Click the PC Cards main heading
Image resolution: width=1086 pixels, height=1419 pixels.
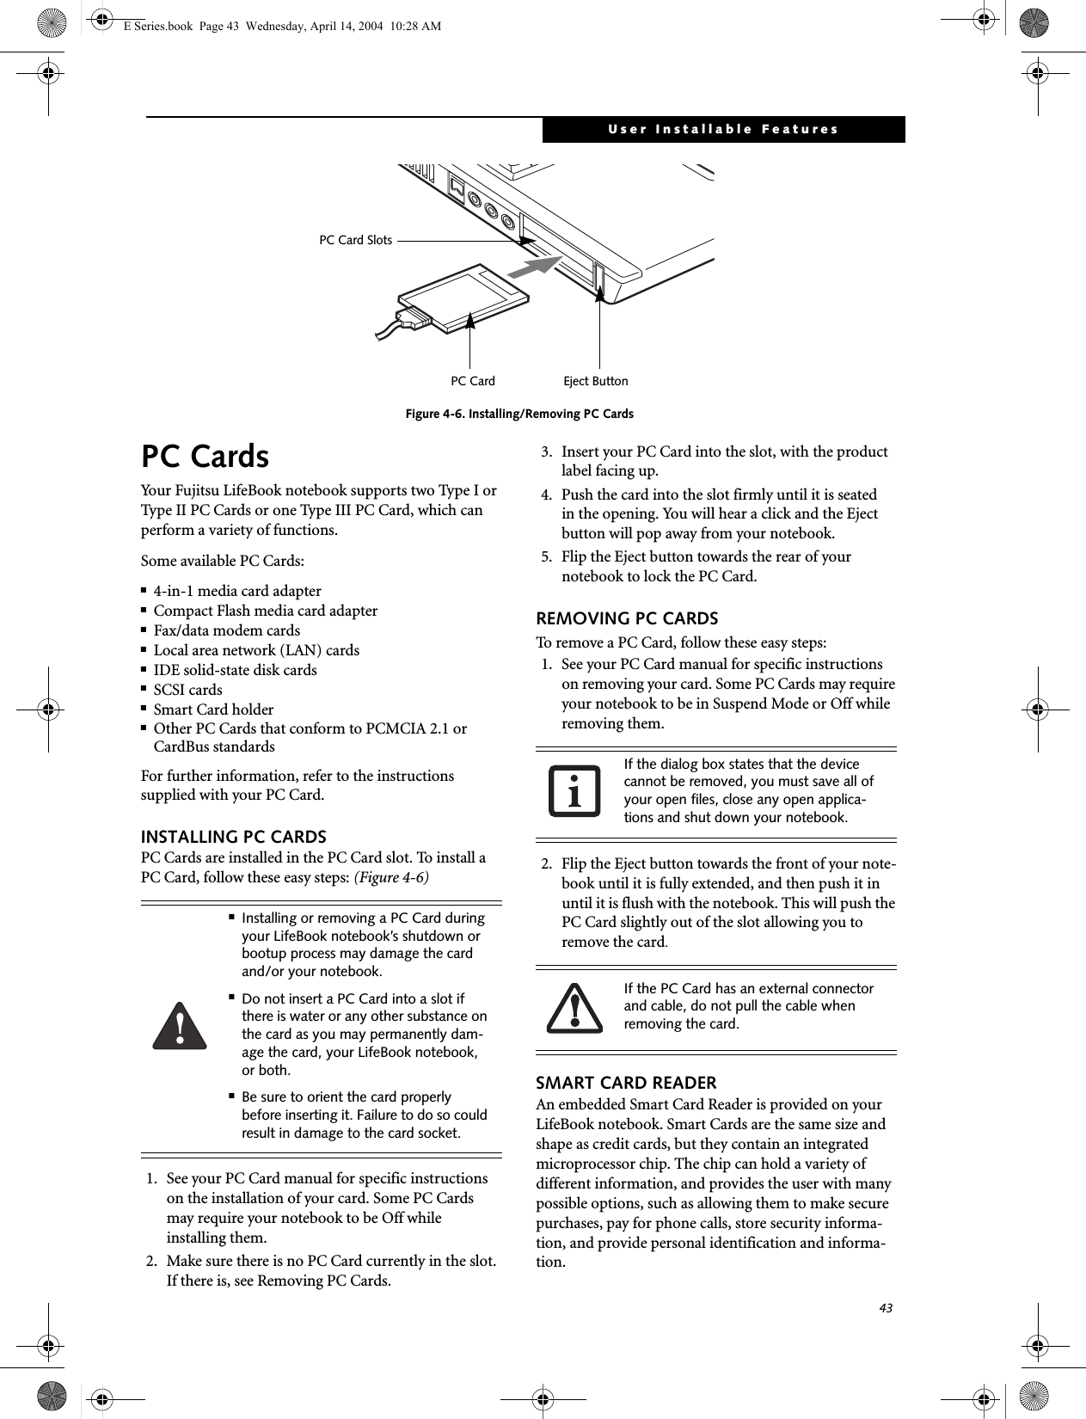[206, 456]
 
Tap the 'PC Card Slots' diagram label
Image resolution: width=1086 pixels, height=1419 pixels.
[355, 240]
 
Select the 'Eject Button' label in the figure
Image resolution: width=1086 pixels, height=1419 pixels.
[595, 381]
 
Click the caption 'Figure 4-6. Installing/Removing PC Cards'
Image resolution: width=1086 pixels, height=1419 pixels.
[519, 414]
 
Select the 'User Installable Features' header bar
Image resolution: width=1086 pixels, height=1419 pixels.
[723, 129]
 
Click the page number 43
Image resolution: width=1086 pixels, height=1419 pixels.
[886, 1308]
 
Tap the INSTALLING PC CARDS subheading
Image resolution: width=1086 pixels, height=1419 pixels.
[234, 837]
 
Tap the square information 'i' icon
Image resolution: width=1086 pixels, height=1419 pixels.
[574, 791]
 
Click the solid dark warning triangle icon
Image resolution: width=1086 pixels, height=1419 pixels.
[180, 1025]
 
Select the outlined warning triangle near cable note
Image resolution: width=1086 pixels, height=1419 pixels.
[574, 1007]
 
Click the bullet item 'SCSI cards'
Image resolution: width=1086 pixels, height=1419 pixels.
[187, 690]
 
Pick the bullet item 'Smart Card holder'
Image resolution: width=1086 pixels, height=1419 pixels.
[213, 709]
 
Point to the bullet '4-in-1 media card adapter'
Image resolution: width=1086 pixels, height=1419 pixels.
[237, 591]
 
